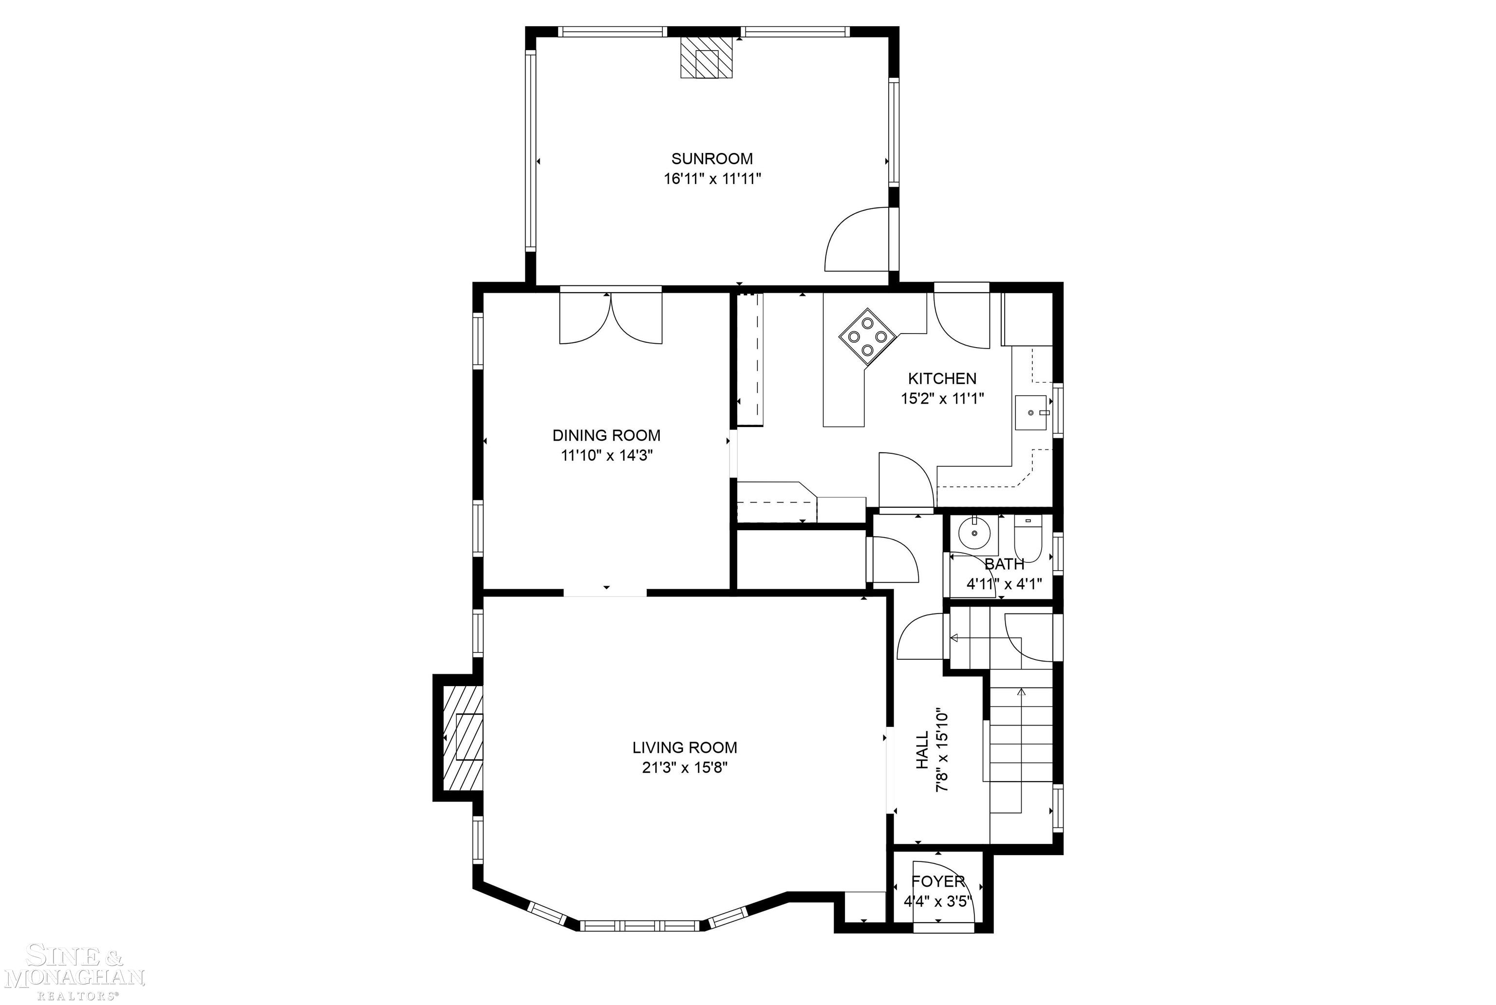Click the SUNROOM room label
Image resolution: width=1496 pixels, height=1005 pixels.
coord(711,158)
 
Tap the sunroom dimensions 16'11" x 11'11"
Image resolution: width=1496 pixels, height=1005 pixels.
coord(711,179)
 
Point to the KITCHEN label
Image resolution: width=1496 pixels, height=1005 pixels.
coord(941,378)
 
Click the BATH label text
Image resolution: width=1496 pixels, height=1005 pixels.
coord(1004,564)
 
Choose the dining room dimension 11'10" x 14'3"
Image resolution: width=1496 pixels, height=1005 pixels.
coord(606,456)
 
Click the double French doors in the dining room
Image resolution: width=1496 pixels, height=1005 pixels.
coord(611,318)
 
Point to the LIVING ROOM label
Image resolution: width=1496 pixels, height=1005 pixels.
coord(685,747)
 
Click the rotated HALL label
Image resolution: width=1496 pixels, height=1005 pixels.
coord(922,750)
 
